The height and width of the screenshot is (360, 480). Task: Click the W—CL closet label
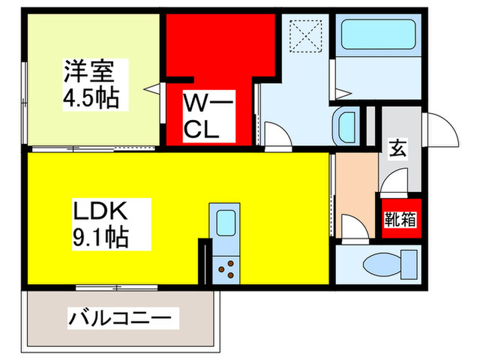tap(208, 117)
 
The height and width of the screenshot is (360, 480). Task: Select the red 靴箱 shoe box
tap(398, 220)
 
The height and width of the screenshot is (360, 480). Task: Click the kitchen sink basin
tap(226, 223)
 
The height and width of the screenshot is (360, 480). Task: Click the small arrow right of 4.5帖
tap(155, 88)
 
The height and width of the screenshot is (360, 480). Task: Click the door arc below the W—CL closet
tap(276, 134)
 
